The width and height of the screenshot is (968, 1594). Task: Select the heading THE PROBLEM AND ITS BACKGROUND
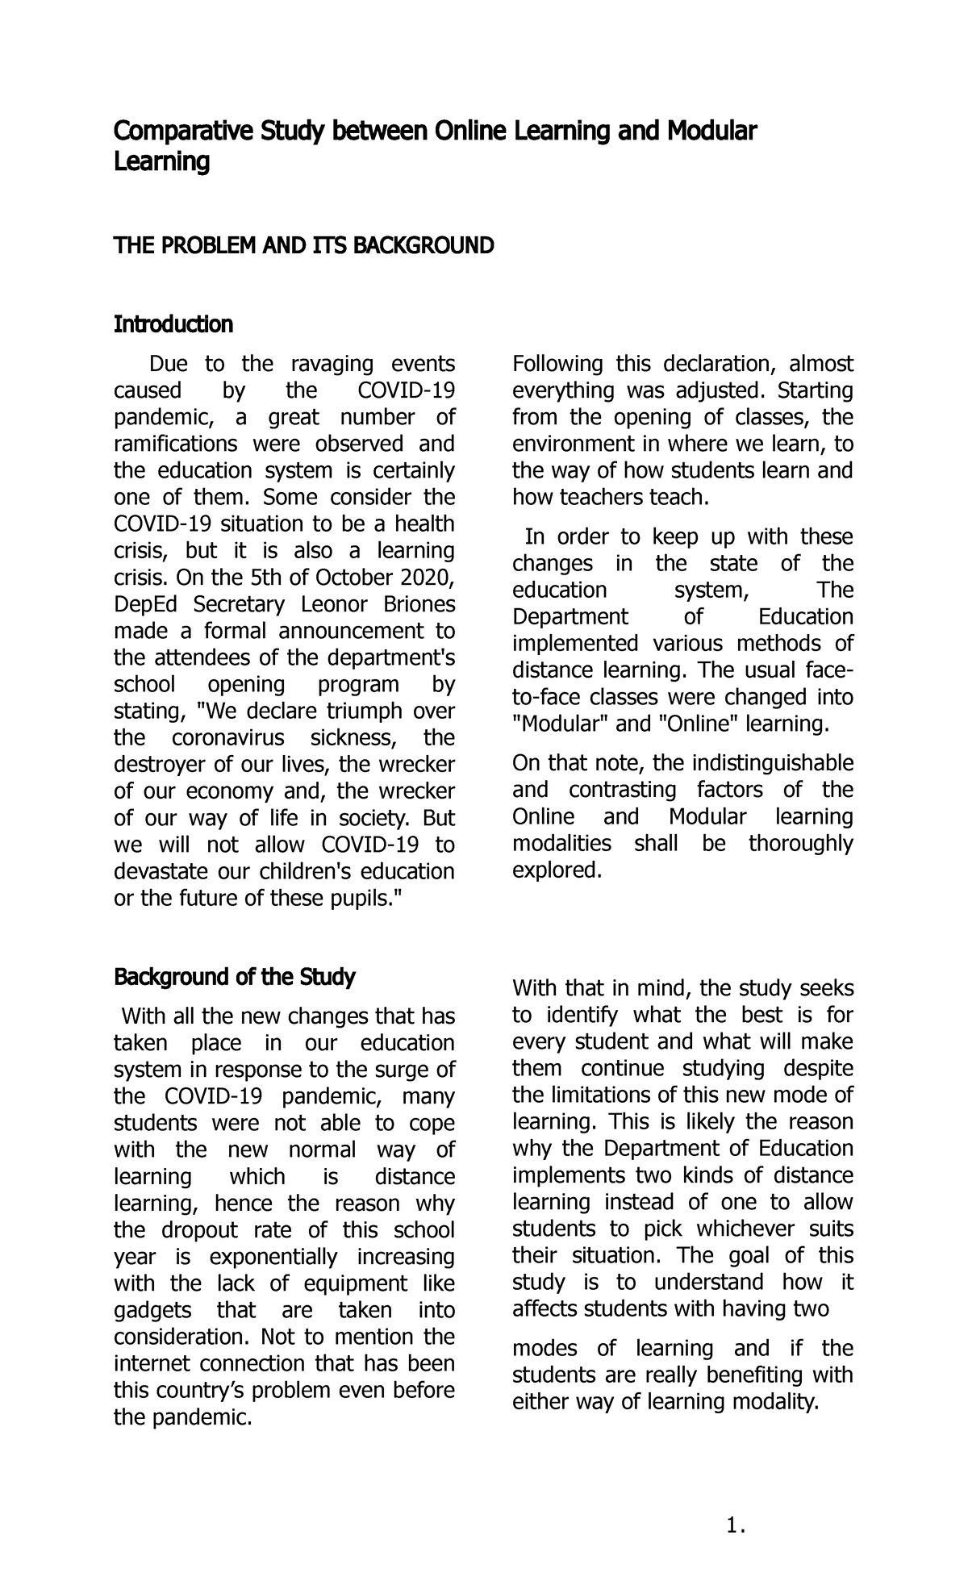click(302, 245)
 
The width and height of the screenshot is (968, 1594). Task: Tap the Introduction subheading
click(173, 324)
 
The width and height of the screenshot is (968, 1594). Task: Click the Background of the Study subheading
click(234, 978)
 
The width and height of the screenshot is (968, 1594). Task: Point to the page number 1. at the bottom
click(735, 1525)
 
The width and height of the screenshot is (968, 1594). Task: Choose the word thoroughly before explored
click(800, 844)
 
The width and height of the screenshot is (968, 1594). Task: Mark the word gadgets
click(153, 1310)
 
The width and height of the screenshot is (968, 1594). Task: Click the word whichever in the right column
click(747, 1229)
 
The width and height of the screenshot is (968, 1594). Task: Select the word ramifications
click(175, 444)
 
